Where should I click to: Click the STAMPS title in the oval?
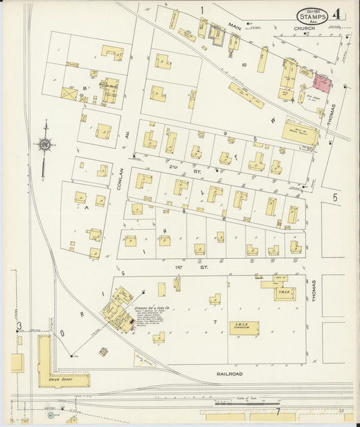click(x=313, y=16)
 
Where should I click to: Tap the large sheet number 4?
click(x=336, y=14)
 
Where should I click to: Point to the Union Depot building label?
click(x=60, y=380)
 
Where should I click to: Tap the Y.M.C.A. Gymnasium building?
click(x=244, y=328)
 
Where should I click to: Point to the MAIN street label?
click(x=234, y=27)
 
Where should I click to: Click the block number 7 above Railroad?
click(x=215, y=322)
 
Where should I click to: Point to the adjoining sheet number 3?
click(x=19, y=327)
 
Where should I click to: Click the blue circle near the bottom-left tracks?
click(x=51, y=416)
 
